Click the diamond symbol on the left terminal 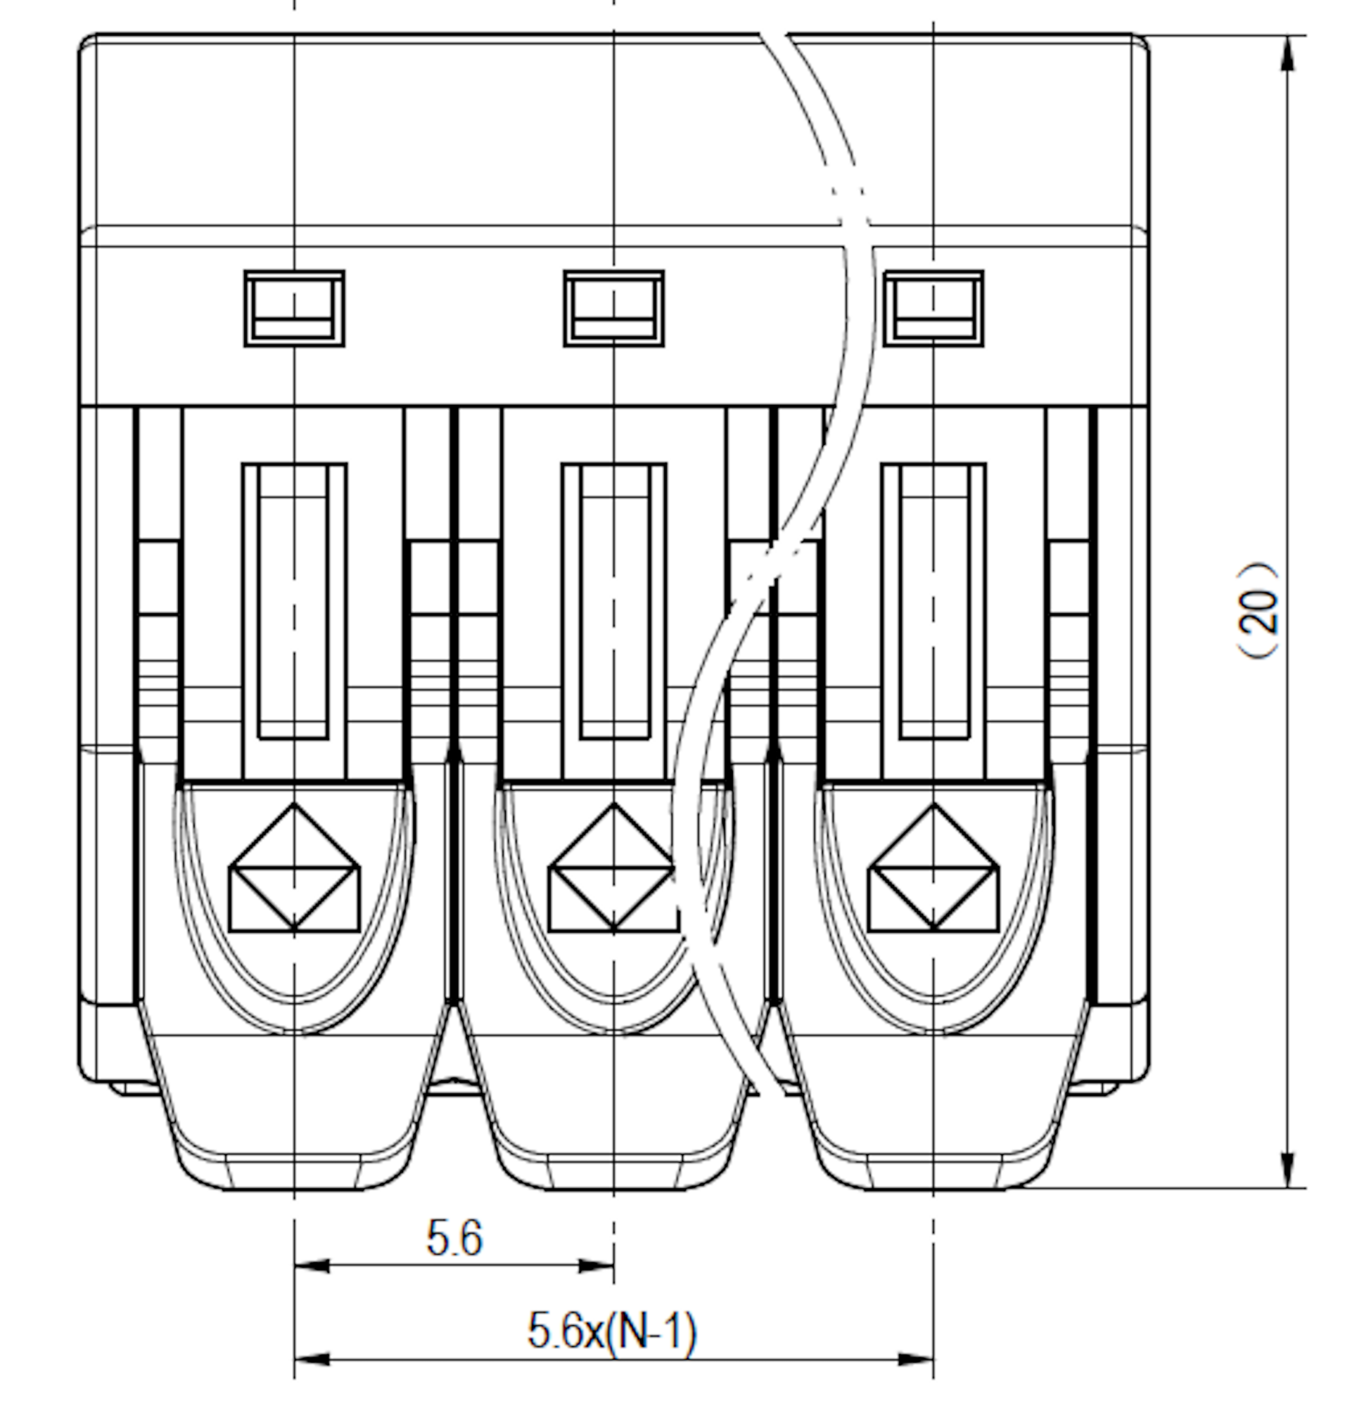click(294, 868)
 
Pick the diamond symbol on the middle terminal click(613, 868)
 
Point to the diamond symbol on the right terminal click(933, 868)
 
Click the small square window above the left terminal click(294, 309)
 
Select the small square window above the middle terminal click(613, 309)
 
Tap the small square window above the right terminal click(933, 309)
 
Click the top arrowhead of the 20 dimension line click(1288, 53)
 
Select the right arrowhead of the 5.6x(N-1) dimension click(916, 1359)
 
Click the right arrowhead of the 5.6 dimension click(596, 1266)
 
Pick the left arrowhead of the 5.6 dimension click(312, 1266)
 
